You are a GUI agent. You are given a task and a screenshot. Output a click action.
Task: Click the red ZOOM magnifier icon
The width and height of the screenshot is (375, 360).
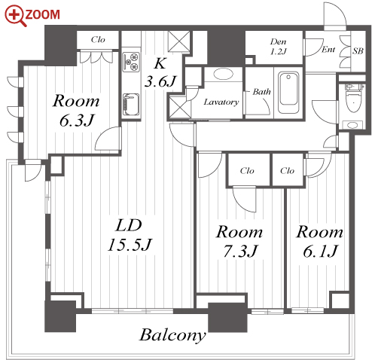pos(16,16)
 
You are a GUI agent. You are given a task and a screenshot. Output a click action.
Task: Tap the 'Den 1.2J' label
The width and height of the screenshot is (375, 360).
pos(279,47)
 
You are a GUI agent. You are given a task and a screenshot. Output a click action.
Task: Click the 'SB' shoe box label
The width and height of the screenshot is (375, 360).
pos(358,51)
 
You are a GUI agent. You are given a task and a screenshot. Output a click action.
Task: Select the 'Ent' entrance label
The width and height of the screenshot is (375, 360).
pos(328,50)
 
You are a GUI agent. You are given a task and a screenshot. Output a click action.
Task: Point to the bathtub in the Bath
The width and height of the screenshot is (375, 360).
pos(289,93)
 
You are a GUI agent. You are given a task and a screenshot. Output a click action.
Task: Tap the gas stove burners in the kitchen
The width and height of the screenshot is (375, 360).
pos(131,62)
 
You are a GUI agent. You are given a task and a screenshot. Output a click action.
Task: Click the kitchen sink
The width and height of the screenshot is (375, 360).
pos(131,105)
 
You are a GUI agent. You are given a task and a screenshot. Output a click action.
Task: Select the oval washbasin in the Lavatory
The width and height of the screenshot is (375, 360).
pos(223,74)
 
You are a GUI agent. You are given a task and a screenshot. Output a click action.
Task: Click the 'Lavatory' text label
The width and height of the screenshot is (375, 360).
pos(221,102)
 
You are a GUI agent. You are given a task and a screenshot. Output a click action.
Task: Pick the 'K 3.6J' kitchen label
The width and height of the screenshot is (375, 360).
pos(160,72)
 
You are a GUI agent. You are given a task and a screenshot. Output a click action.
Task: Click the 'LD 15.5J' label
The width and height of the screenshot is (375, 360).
pos(130,235)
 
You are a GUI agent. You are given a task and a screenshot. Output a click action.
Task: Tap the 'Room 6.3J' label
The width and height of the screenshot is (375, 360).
pos(76,110)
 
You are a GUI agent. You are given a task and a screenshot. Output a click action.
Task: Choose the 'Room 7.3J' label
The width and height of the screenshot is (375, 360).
pos(239,241)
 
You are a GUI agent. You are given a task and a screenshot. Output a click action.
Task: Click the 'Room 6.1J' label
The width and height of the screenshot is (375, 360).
pos(320,242)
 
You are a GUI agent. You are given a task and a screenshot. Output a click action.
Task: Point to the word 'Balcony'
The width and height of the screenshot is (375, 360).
pos(172,335)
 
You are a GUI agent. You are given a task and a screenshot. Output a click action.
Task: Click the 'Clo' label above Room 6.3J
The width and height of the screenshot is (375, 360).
pos(98,40)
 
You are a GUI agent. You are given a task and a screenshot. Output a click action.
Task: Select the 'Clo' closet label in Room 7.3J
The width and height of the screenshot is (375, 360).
pos(247,171)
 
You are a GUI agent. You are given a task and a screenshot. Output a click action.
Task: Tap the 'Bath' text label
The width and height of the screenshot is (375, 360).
pos(261,92)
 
